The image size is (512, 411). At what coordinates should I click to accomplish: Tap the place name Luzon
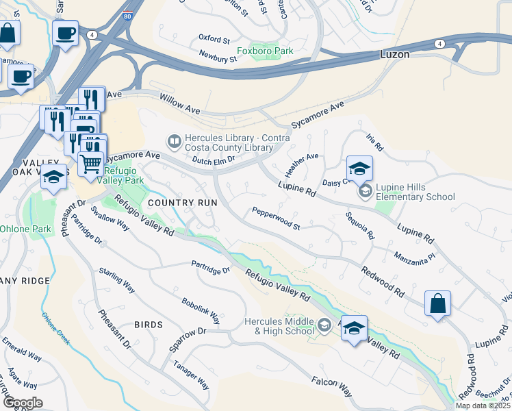tap(395, 53)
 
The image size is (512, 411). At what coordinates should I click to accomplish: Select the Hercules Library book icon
tap(174, 142)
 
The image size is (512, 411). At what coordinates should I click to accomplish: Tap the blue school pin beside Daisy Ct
tap(359, 168)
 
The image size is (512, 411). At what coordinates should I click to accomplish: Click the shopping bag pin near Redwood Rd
tap(437, 303)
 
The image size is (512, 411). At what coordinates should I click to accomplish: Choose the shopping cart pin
tap(90, 163)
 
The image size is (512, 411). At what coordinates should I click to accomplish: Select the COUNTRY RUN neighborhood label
tap(182, 203)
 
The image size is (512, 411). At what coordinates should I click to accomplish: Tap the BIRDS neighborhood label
tap(149, 325)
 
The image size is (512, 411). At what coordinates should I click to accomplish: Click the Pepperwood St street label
tap(277, 218)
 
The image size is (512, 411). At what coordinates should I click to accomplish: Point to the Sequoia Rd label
tap(360, 226)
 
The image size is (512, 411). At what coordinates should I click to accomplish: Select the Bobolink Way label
tap(201, 310)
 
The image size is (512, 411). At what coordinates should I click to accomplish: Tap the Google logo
tap(23, 403)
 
